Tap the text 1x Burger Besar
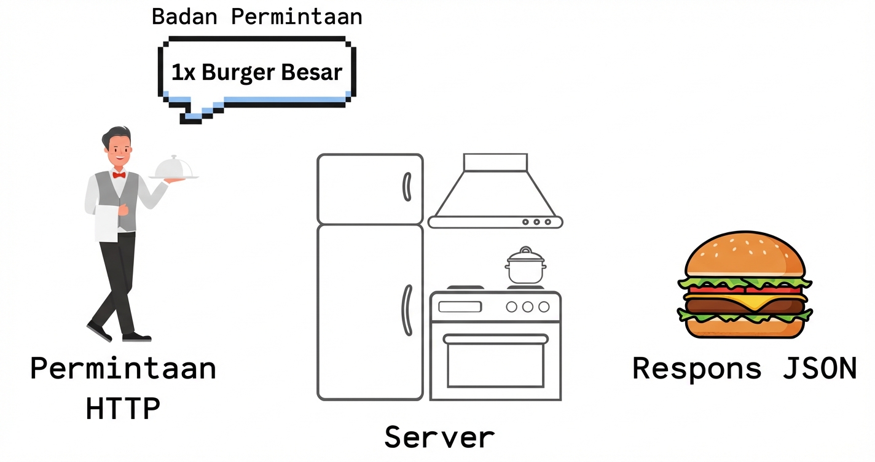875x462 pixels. (x=256, y=72)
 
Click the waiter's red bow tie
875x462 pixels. (x=119, y=175)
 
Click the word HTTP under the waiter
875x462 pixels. (x=123, y=409)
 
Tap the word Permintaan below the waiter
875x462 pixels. (x=123, y=369)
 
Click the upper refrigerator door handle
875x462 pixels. (x=406, y=187)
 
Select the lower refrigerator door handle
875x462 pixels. (x=406, y=310)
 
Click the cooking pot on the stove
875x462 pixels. (x=525, y=268)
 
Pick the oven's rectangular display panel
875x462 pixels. (x=460, y=307)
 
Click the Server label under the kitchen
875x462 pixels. (x=439, y=437)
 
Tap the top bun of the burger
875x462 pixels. (x=745, y=255)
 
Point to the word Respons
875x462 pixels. (x=697, y=369)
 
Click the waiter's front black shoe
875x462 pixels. (x=136, y=337)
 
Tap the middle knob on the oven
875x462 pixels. (x=527, y=307)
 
